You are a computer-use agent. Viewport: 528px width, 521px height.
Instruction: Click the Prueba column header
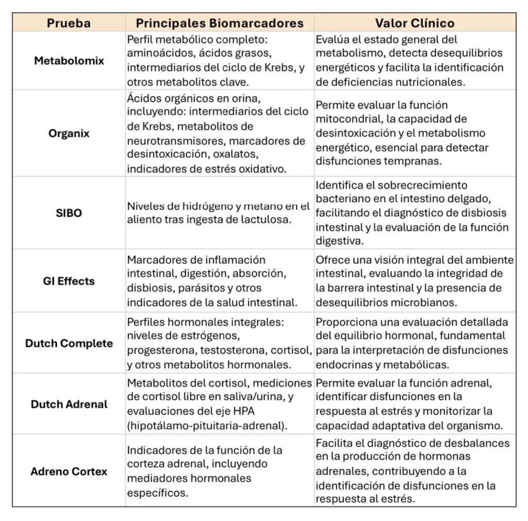69,23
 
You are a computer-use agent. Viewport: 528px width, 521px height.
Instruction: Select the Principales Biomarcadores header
220,23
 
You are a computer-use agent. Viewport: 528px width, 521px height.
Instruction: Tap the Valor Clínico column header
415,23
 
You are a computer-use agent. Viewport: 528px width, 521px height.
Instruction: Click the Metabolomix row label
69,61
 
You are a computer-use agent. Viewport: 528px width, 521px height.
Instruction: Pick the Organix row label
69,134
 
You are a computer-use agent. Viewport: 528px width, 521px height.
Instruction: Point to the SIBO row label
69,213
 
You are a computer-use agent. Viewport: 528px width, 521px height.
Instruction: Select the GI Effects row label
69,281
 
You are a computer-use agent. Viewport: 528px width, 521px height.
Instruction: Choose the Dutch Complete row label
69,344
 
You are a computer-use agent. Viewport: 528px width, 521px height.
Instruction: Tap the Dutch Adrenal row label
69,404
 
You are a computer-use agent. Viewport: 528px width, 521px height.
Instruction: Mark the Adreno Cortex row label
69,471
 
